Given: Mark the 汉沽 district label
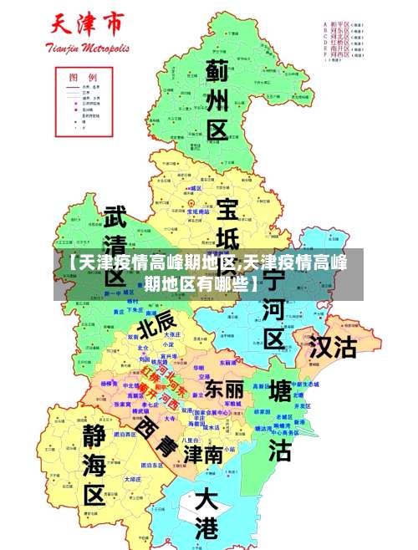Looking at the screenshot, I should pos(333,347).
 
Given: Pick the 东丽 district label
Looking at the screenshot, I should pos(224,389).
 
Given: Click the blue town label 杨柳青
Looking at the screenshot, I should pos(110,384).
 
